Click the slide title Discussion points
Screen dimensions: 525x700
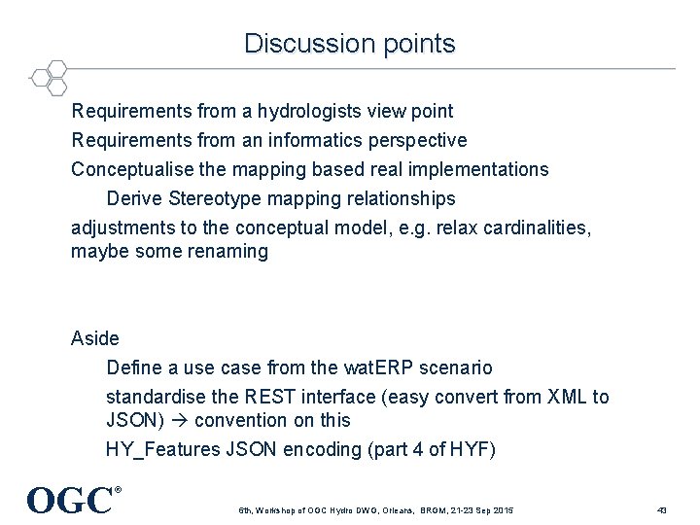click(349, 44)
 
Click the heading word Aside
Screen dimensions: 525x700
click(95, 339)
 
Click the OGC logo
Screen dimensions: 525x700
click(72, 500)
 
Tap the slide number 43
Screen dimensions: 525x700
click(662, 510)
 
